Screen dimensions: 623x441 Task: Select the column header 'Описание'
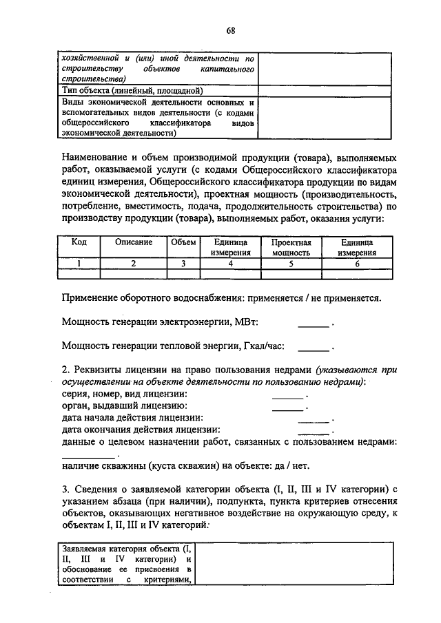click(134, 243)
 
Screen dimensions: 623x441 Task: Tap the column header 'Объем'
click(183, 243)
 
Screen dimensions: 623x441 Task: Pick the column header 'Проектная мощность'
click(291, 248)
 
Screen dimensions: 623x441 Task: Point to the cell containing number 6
click(357, 263)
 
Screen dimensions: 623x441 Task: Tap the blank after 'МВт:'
click(314, 324)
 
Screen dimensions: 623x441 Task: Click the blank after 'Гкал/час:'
click(314, 348)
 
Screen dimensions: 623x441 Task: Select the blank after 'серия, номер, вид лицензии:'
click(287, 397)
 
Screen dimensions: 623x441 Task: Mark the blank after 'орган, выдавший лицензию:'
click(287, 409)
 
